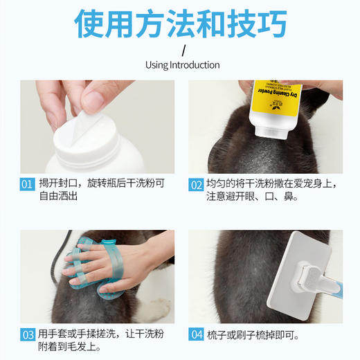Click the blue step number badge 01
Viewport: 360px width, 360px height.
click(27, 184)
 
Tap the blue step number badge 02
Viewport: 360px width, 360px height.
click(196, 184)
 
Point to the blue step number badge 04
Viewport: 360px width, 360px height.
click(196, 335)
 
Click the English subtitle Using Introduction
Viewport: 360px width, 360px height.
click(182, 65)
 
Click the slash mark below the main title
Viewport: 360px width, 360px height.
click(183, 51)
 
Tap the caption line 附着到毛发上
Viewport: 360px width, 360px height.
click(69, 347)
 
